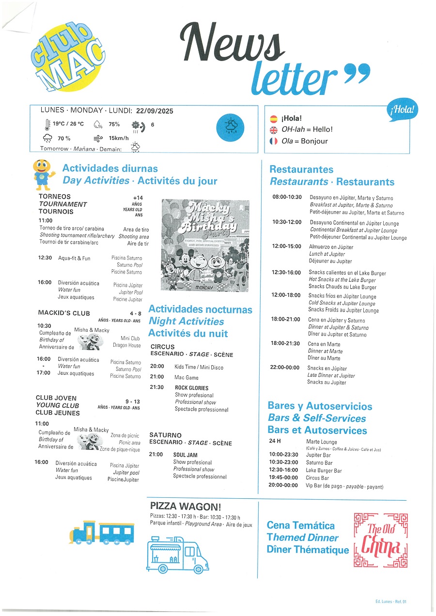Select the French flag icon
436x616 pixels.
tap(274, 141)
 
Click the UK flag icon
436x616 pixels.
tap(274, 130)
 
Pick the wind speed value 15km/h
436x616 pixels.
tap(119, 139)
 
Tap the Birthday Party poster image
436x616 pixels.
tap(204, 246)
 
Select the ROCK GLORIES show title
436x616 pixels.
tap(192, 388)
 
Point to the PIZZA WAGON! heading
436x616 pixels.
tap(186, 507)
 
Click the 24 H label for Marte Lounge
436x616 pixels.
tap(275, 441)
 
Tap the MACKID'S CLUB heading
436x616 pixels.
tap(64, 313)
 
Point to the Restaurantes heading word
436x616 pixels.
tap(301, 169)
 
